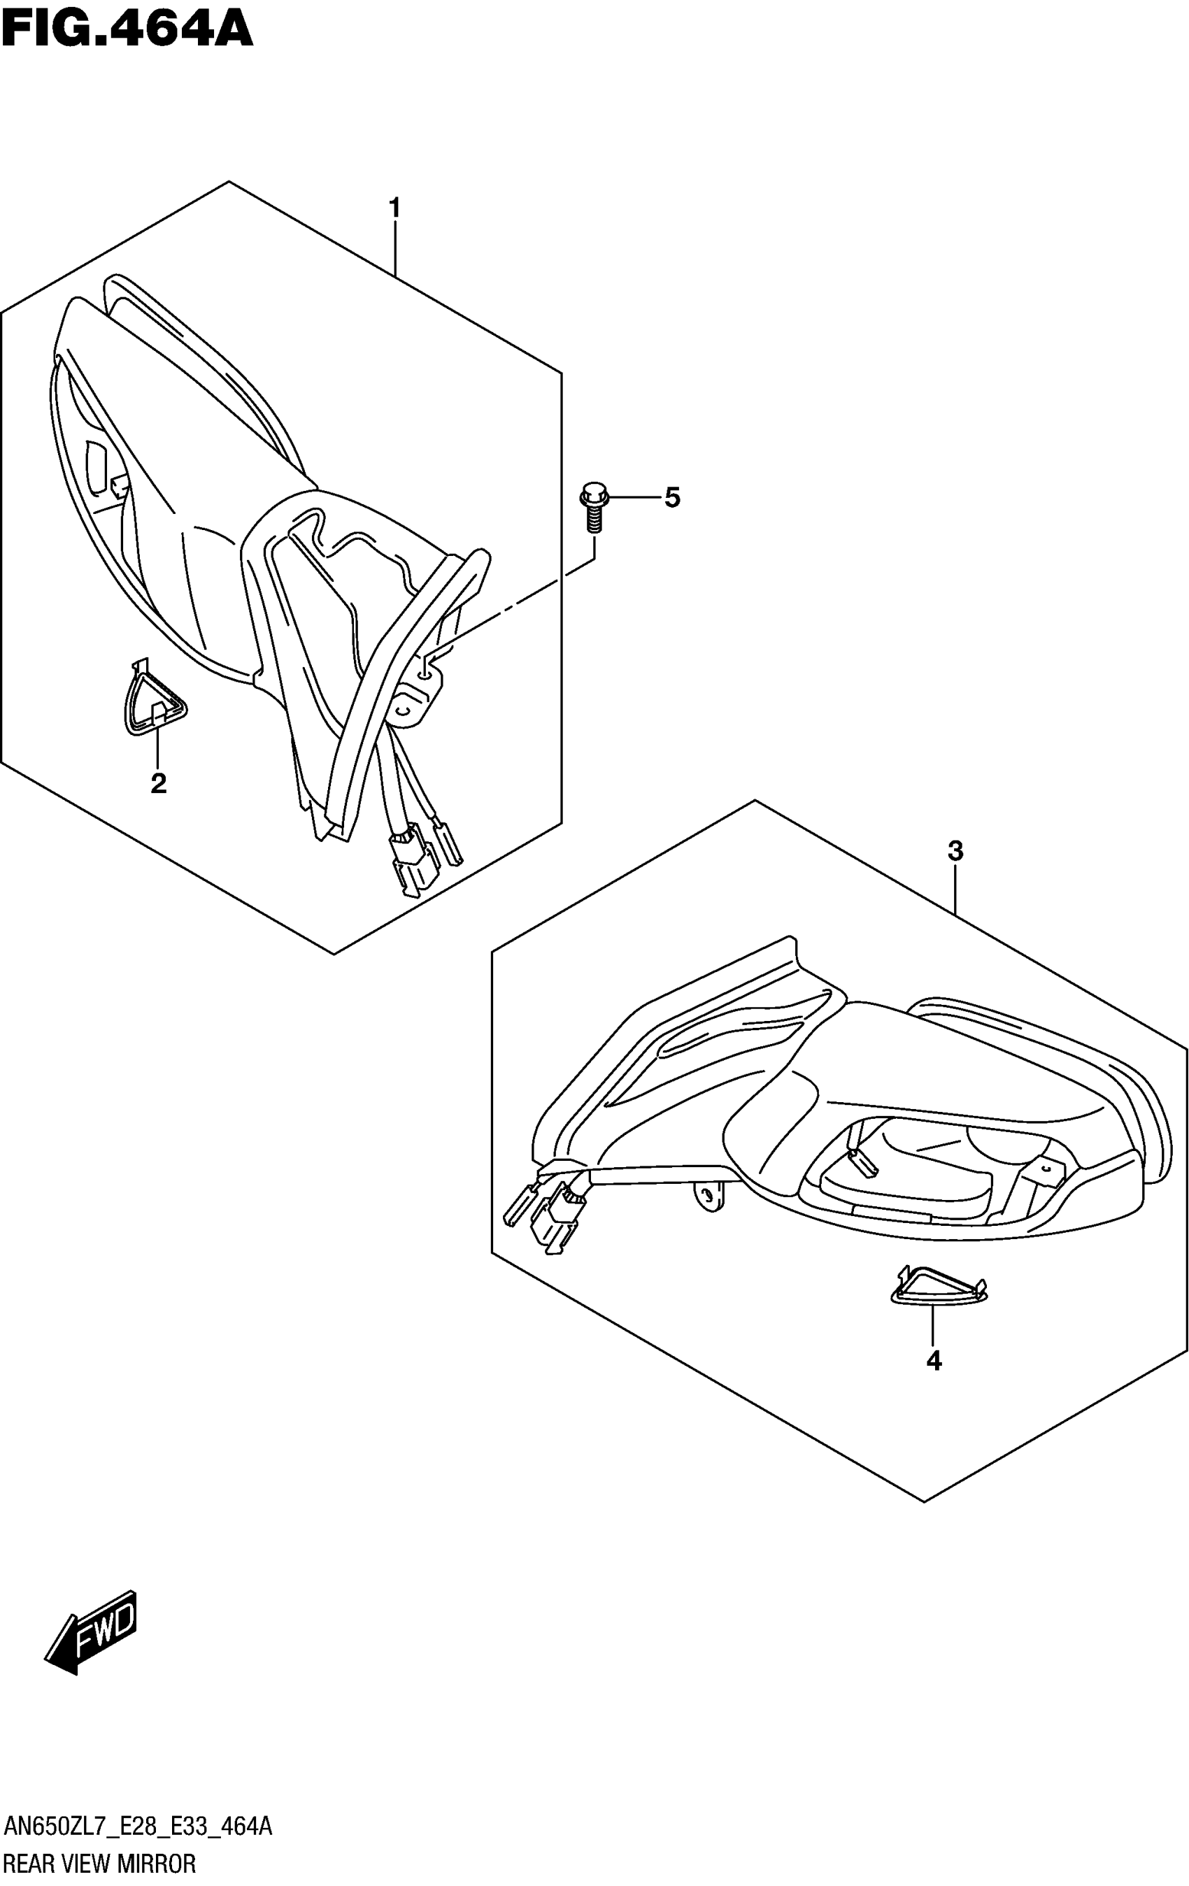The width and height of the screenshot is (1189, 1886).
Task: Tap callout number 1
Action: point(394,208)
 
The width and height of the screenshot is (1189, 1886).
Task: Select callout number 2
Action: point(158,783)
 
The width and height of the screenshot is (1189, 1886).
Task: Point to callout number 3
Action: point(955,850)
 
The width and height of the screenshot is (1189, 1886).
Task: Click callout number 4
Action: point(933,1360)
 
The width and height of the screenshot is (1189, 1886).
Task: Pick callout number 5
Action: point(672,497)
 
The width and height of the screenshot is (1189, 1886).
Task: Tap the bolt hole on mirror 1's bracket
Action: point(424,671)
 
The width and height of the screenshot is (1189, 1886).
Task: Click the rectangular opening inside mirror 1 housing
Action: point(98,468)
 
